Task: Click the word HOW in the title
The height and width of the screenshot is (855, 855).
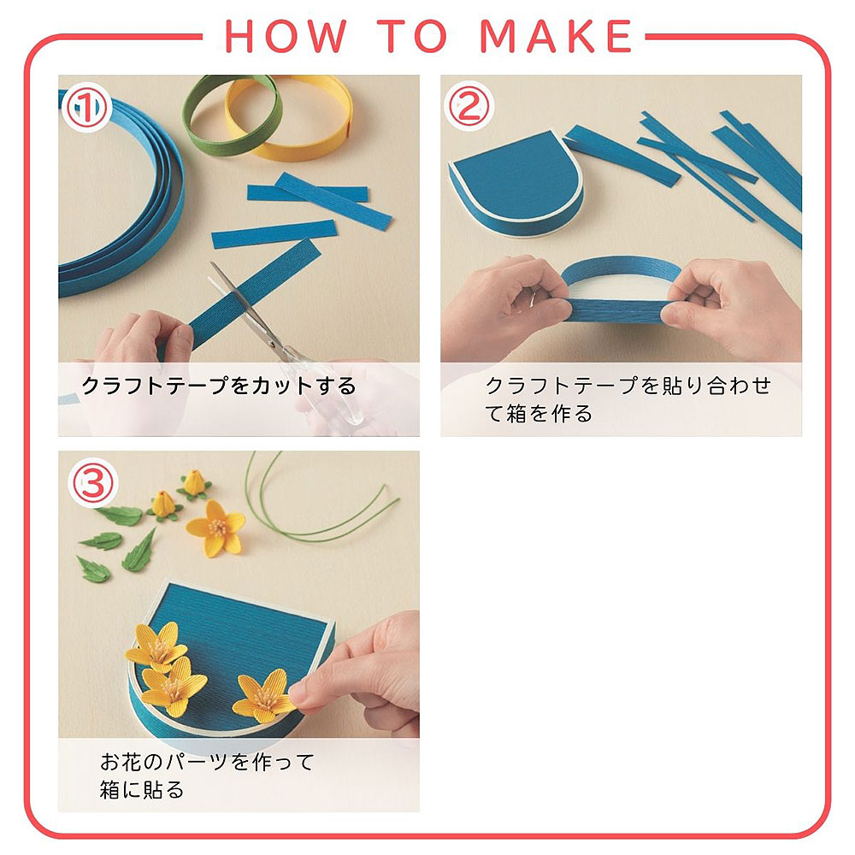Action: (286, 36)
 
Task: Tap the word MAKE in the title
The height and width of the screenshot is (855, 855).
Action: (555, 36)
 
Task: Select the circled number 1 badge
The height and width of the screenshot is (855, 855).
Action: (86, 107)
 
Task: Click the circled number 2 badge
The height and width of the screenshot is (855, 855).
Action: (469, 106)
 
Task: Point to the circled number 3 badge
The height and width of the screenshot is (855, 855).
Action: (92, 483)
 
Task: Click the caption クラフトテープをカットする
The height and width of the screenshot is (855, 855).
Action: (218, 386)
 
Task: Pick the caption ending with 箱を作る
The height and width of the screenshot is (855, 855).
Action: (628, 399)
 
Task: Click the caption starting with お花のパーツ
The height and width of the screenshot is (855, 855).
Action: (207, 775)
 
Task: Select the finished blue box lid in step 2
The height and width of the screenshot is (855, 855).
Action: (516, 183)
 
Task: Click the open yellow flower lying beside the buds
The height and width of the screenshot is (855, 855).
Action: (216, 528)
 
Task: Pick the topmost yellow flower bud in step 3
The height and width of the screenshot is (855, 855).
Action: (193, 484)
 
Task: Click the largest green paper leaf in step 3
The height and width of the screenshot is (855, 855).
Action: (139, 551)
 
